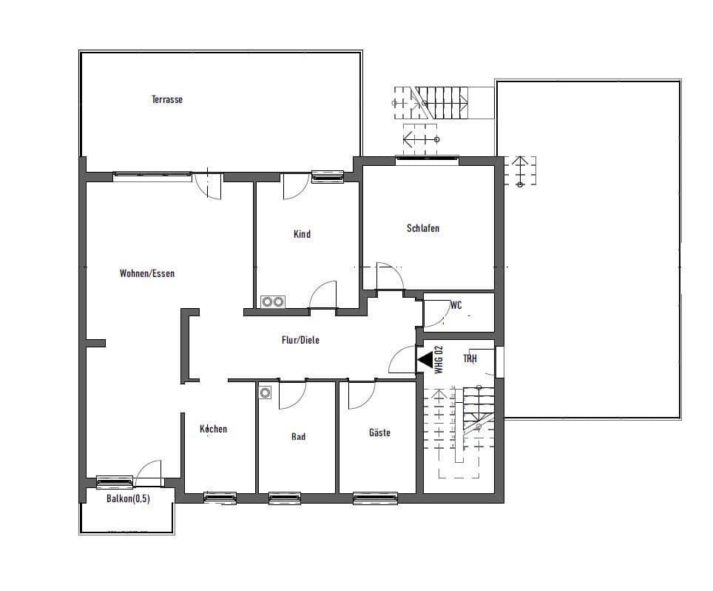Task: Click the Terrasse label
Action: pos(167,99)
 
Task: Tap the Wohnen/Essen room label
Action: pos(147,273)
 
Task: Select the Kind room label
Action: pos(302,234)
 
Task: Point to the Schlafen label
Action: pos(423,228)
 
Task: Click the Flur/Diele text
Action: pos(300,340)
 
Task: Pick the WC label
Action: pos(456,305)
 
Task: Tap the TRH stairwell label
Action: pos(470,358)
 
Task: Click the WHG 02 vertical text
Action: pos(439,359)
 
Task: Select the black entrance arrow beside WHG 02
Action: pos(425,360)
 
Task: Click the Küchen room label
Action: pos(214,429)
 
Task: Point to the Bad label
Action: pos(298,437)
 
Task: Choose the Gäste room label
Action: pos(379,433)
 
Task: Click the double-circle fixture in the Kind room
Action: pos(272,301)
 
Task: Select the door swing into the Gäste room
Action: pos(361,394)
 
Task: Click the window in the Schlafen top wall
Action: pos(427,158)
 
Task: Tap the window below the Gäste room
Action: pos(375,498)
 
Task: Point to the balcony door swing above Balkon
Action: pos(149,473)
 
